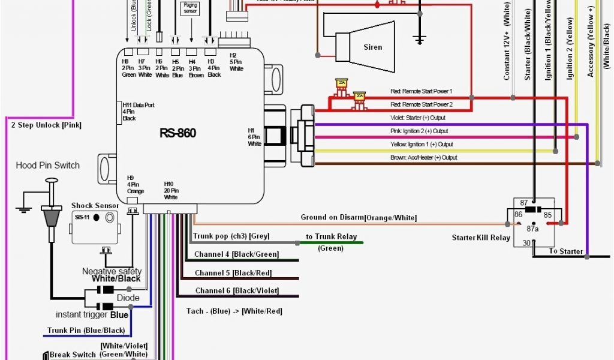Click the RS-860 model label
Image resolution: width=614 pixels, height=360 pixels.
pyautogui.click(x=177, y=133)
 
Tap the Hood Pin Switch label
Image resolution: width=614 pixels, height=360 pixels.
pyautogui.click(x=47, y=165)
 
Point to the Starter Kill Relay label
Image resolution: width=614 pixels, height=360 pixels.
pyautogui.click(x=481, y=238)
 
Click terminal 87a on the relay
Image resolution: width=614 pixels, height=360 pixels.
pyautogui.click(x=533, y=228)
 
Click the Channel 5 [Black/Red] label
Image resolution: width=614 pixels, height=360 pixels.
pyautogui.click(x=233, y=272)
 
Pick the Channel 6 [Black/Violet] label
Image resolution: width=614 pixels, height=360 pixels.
pyautogui.click(x=237, y=290)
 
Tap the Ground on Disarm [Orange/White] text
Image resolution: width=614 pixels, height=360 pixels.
pyautogui.click(x=359, y=217)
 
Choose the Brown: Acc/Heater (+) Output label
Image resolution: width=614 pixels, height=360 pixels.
pyautogui.click(x=423, y=157)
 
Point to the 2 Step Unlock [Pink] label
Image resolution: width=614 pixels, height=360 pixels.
pyautogui.click(x=46, y=125)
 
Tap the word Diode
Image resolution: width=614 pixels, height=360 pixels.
pyautogui.click(x=128, y=298)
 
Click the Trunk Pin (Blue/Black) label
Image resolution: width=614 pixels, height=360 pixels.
pyautogui.click(x=86, y=331)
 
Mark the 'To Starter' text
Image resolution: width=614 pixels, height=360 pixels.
pyautogui.click(x=565, y=251)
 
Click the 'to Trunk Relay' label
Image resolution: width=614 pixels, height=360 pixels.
pyautogui.click(x=331, y=236)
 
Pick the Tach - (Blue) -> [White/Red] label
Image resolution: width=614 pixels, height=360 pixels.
pyautogui.click(x=234, y=311)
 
